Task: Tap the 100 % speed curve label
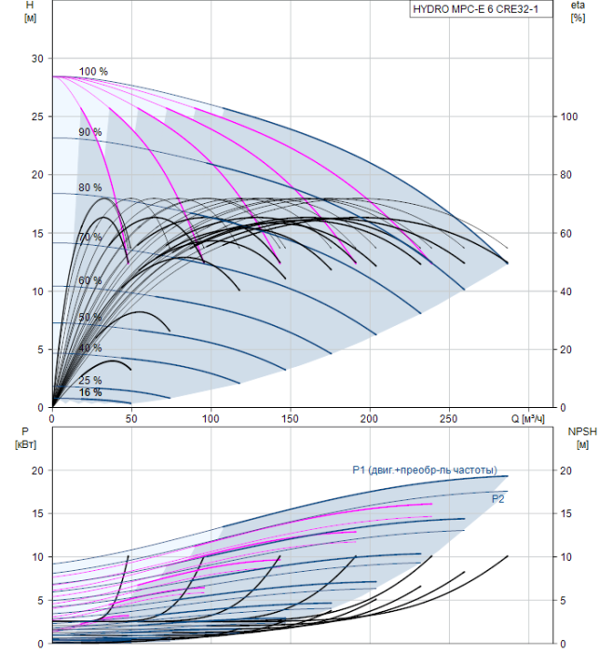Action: pyautogui.click(x=93, y=72)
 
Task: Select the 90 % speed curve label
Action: pyautogui.click(x=89, y=132)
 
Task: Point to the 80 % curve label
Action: pyautogui.click(x=89, y=187)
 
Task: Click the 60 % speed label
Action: pyautogui.click(x=89, y=280)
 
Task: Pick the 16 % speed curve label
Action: pyautogui.click(x=89, y=392)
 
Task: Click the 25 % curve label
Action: pyautogui.click(x=89, y=380)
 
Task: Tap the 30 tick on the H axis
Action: pyautogui.click(x=37, y=59)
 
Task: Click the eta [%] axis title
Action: pyautogui.click(x=578, y=12)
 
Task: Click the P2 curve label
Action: pyautogui.click(x=498, y=499)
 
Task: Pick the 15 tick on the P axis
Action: pyautogui.click(x=37, y=514)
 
